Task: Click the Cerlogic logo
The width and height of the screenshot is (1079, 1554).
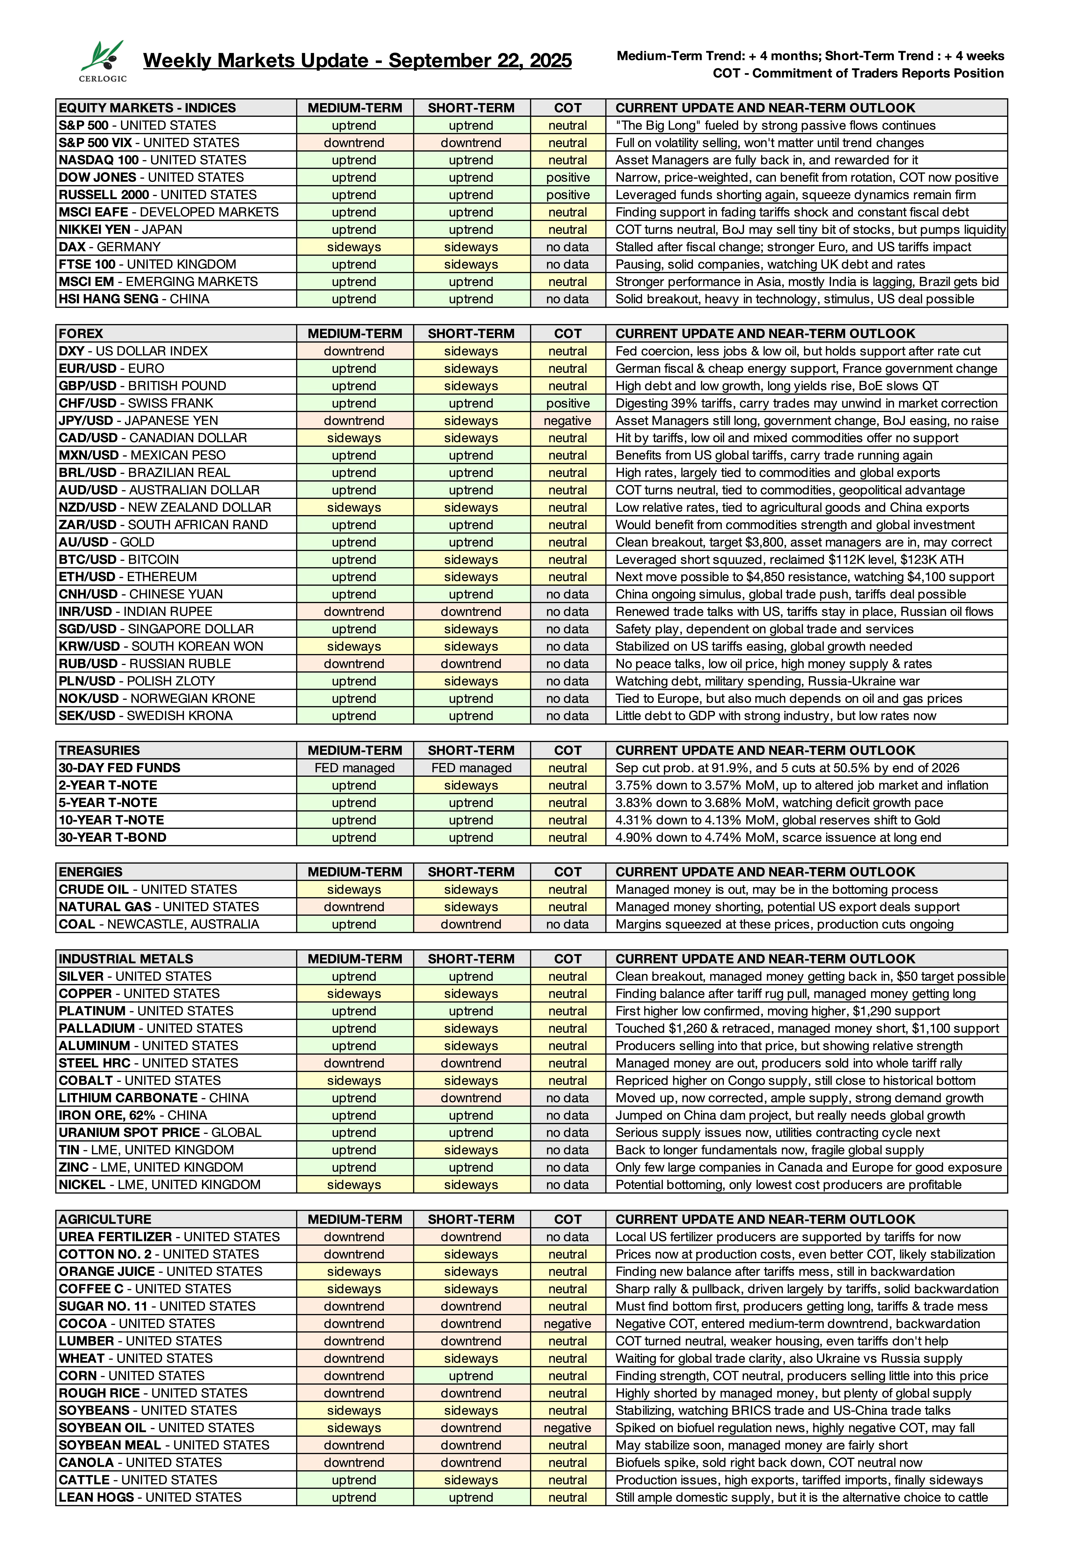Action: [x=103, y=61]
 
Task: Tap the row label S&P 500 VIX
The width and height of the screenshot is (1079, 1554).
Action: [x=149, y=143]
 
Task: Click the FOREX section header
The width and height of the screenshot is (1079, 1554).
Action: [x=81, y=333]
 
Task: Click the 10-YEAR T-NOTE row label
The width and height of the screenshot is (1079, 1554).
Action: [x=111, y=820]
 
